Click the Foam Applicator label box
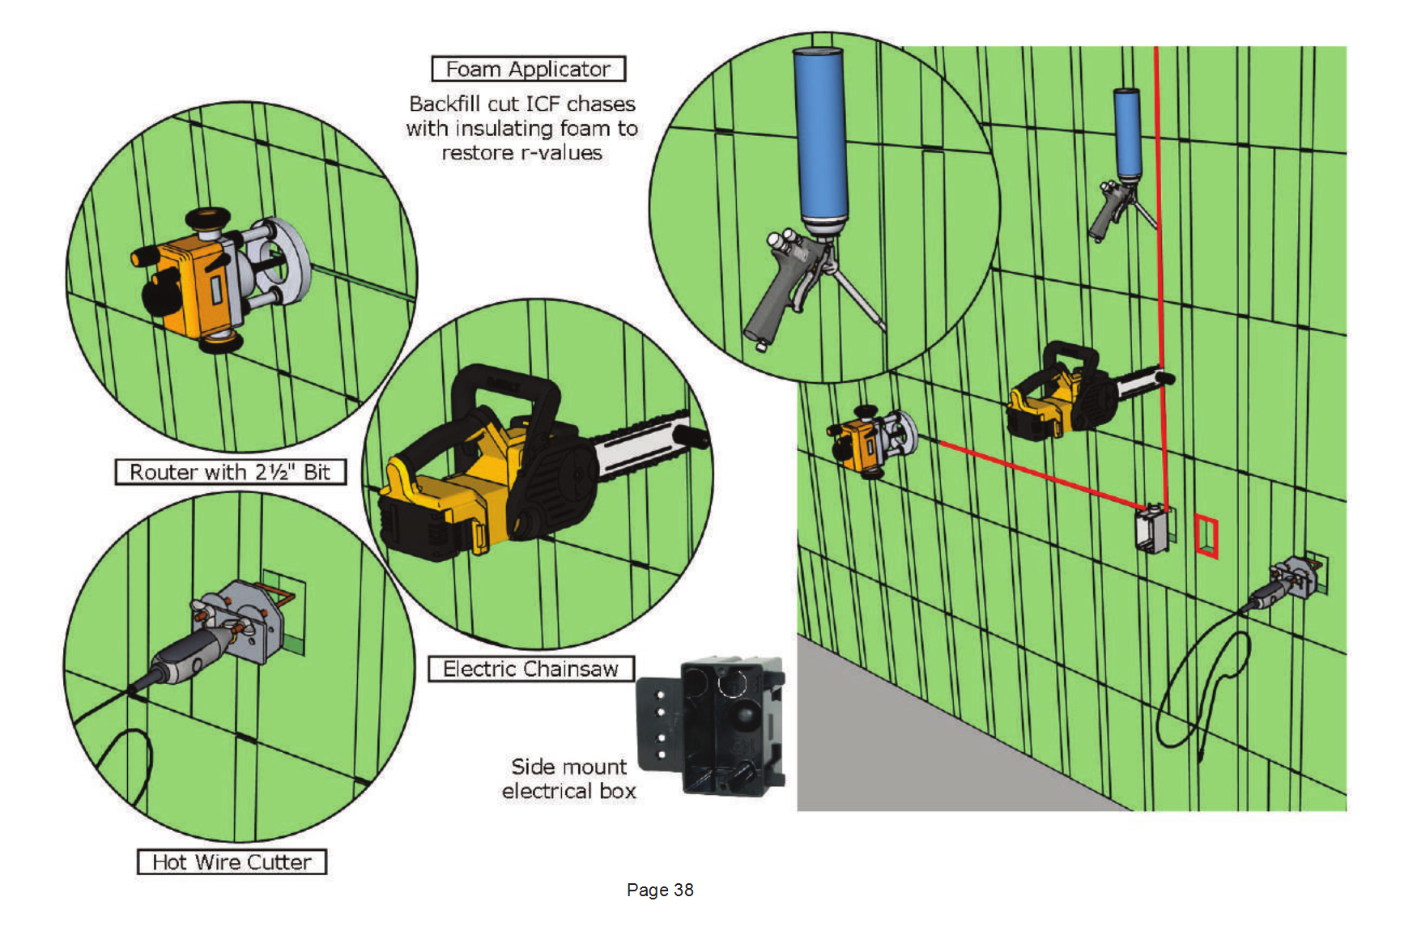(x=528, y=69)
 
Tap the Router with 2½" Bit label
(x=231, y=472)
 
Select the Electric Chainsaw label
(x=530, y=669)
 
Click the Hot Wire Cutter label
(x=232, y=862)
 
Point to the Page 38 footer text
(x=660, y=890)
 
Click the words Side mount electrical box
(x=569, y=779)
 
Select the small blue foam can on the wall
(x=1127, y=134)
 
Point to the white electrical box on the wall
(x=1153, y=528)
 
